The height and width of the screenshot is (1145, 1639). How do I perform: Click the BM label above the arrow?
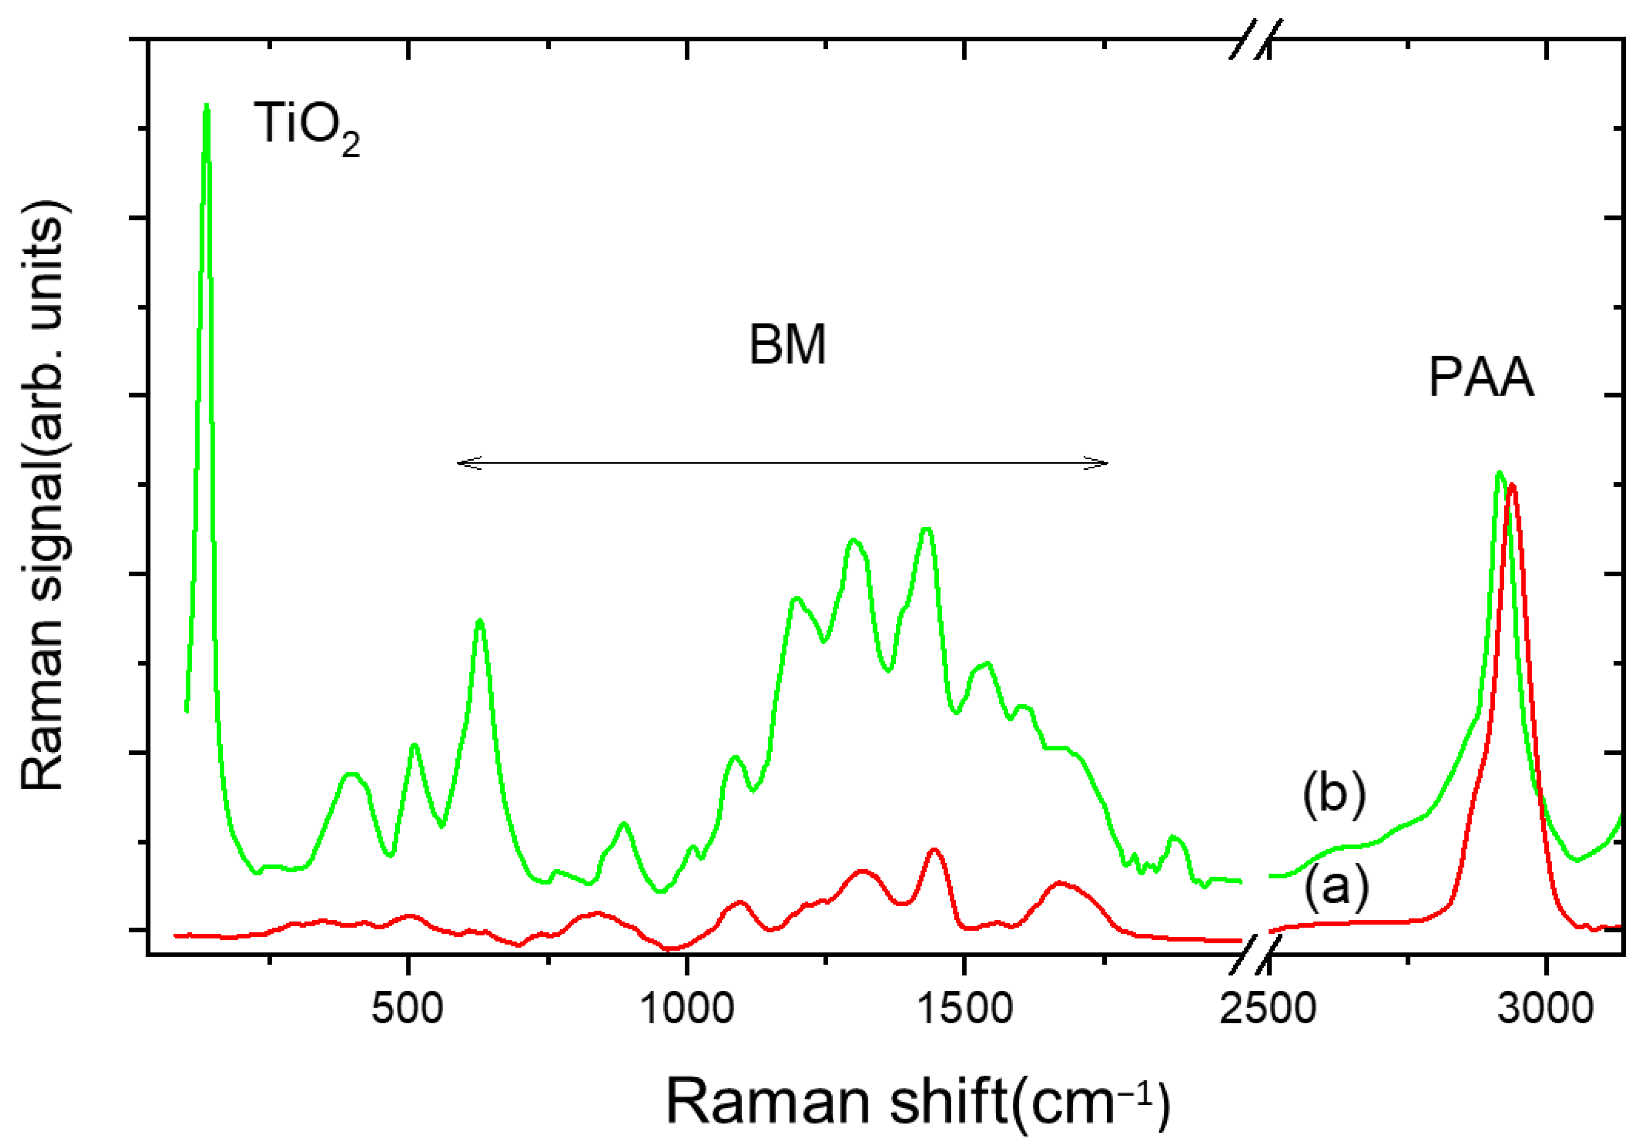pyautogui.click(x=787, y=346)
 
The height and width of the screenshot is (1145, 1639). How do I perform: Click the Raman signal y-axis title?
pyautogui.click(x=44, y=496)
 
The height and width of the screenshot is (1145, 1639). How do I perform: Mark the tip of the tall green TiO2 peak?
pyautogui.click(x=207, y=106)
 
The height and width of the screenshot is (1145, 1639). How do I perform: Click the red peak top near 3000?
pyautogui.click(x=1512, y=485)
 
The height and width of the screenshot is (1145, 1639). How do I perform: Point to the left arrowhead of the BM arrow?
pyautogui.click(x=460, y=463)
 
